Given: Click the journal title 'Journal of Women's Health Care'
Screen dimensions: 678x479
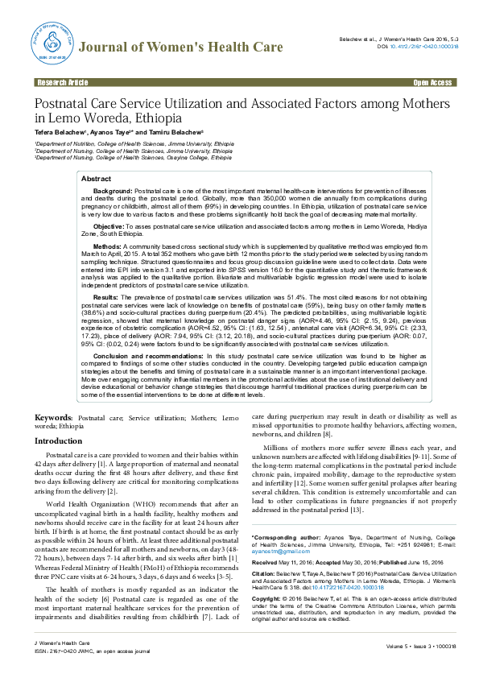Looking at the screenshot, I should (180, 48).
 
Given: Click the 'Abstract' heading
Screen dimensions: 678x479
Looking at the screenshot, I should (97, 179).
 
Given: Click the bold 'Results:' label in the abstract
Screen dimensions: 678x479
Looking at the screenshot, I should (109, 297).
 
